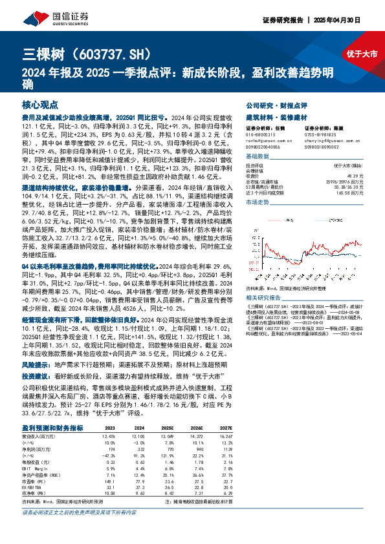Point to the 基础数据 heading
click(259, 158)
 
